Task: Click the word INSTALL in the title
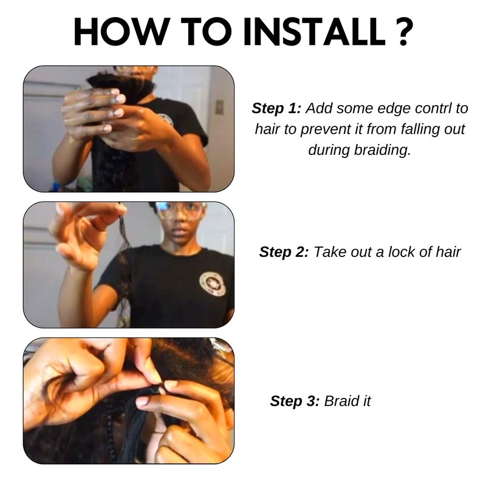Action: [315, 32]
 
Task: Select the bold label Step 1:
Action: [276, 109]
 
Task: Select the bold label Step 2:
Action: [284, 252]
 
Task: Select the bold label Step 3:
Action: [295, 401]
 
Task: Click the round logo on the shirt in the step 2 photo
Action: [212, 284]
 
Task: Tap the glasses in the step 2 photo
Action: [181, 210]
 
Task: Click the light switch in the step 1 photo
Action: [219, 107]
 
